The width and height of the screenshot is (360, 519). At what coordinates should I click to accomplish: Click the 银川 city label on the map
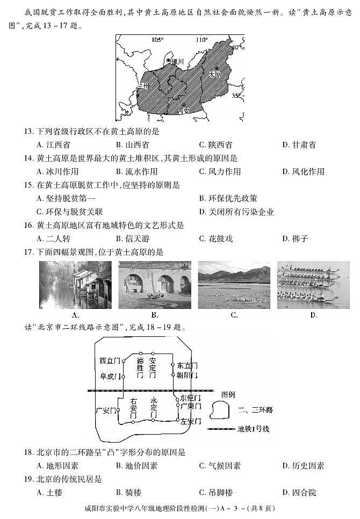pos(177,62)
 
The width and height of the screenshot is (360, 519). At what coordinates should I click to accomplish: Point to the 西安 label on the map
pos(184,111)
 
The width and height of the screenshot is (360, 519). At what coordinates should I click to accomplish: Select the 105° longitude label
pos(157,40)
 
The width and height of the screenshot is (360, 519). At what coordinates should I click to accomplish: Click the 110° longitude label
pos(201,40)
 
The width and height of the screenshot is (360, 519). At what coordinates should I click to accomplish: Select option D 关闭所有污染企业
pos(236,212)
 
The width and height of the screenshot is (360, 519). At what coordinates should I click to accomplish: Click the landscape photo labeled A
pos(76,285)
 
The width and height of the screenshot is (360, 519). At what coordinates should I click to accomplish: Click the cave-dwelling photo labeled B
pos(154,285)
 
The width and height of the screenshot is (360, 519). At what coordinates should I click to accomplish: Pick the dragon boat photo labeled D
pos(313,285)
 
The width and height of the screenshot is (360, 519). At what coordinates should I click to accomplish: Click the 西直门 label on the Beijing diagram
pos(111,361)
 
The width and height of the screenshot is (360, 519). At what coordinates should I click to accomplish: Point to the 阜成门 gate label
pos(111,377)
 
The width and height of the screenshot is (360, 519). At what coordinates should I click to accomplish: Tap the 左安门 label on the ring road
pos(190,421)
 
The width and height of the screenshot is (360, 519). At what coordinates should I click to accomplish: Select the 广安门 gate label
pos(106,411)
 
